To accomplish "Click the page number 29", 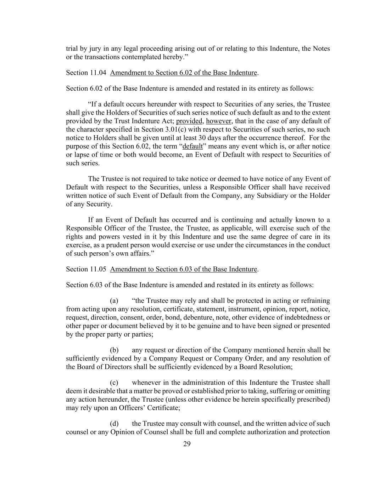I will coord(187,444).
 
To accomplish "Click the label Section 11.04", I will coord(86,73).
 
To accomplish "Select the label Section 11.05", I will coord(86,269).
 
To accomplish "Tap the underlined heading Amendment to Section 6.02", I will coord(183,73).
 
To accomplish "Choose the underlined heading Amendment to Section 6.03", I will coord(183,269).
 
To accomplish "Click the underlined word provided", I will coord(189,121).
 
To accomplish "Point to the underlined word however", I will coord(218,121).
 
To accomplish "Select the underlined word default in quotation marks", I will coord(192,146).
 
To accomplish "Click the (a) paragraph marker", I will coord(114,301).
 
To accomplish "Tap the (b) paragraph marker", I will coord(114,350).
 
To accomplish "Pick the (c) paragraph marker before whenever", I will coord(114,383).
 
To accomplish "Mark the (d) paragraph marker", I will coord(114,424).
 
